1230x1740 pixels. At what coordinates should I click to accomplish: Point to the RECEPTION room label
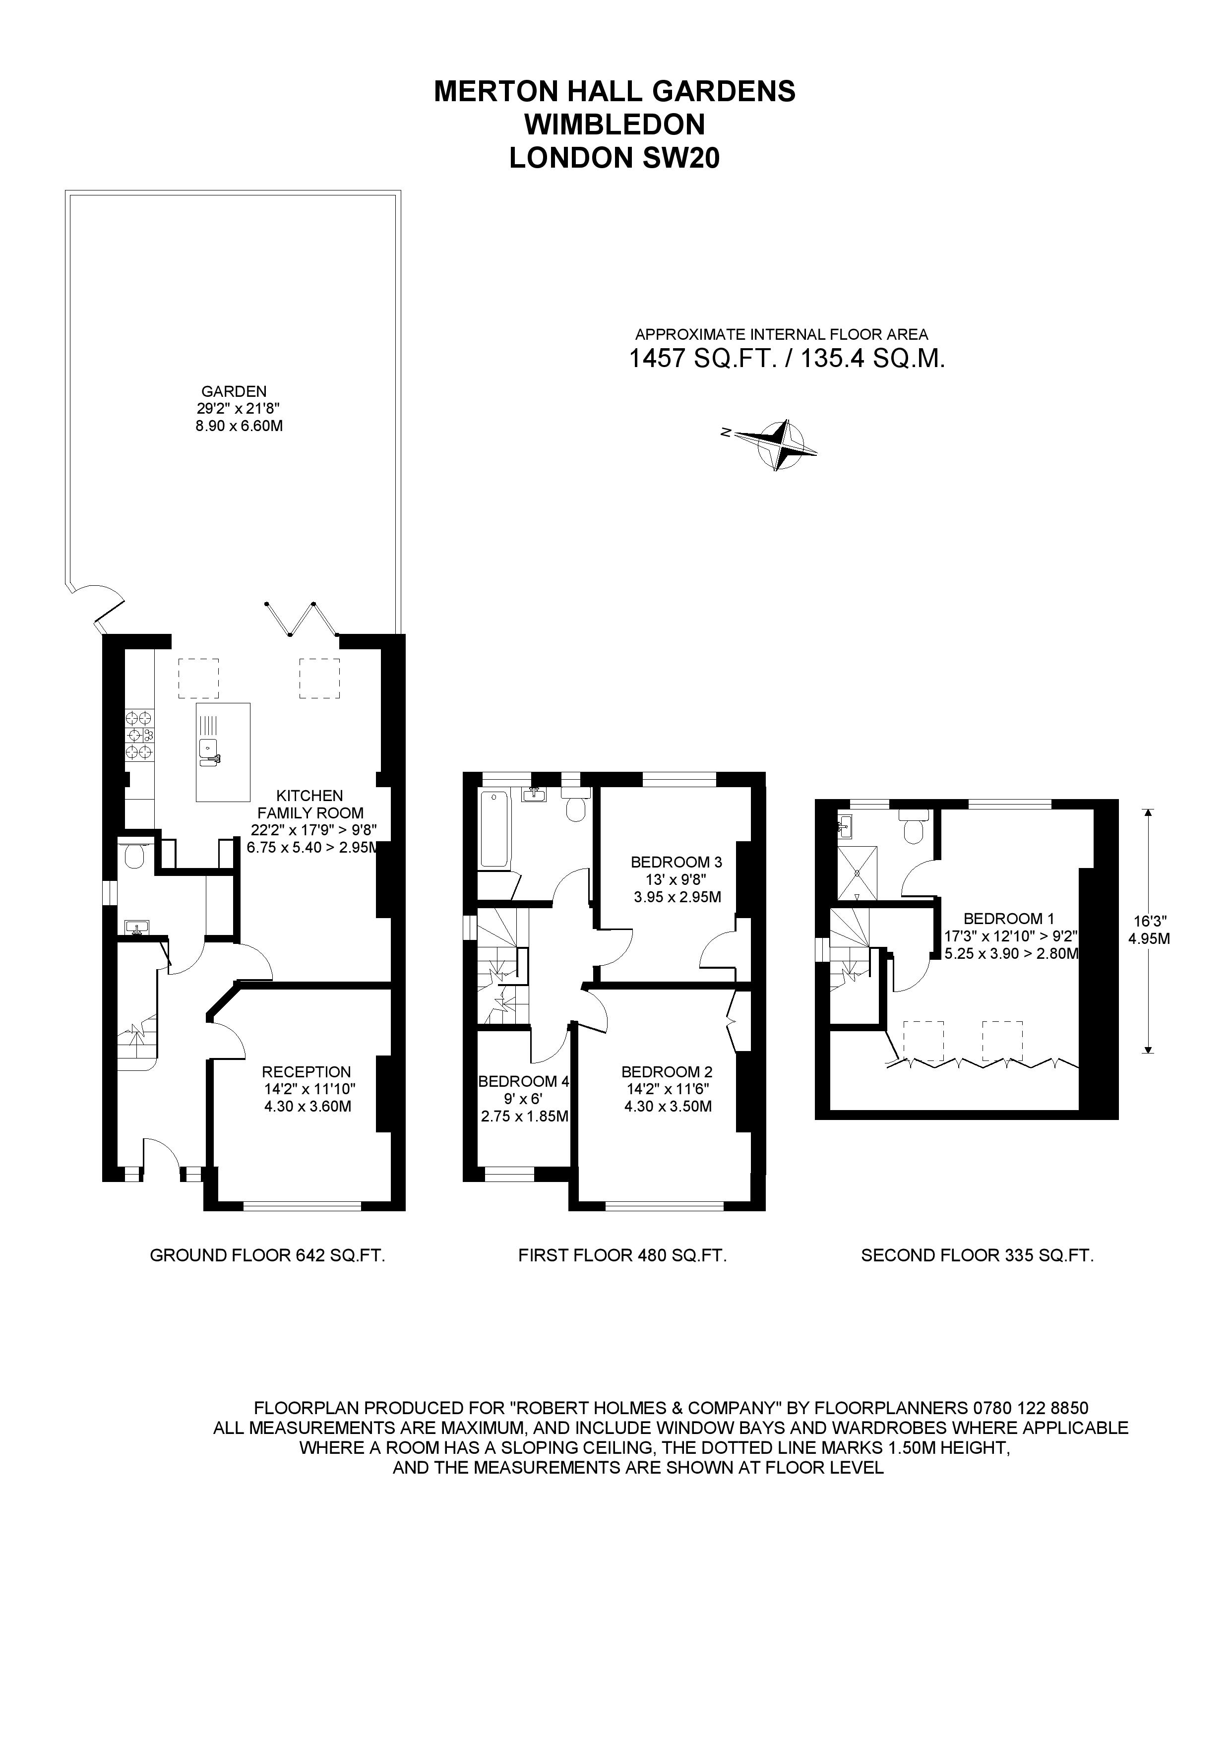tap(306, 1071)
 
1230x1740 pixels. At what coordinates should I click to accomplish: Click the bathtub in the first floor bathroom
tap(494, 828)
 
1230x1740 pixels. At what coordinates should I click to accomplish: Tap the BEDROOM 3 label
tap(676, 862)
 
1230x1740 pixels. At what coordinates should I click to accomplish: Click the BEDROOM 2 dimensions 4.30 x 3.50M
tap(667, 1107)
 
